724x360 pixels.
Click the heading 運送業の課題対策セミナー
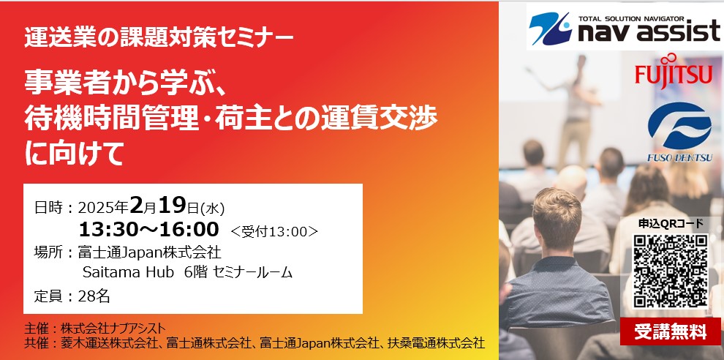(x=160, y=35)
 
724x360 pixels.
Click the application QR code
(x=671, y=270)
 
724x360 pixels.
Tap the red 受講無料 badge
(x=671, y=331)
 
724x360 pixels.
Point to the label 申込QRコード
(x=671, y=223)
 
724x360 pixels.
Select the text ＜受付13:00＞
(x=274, y=231)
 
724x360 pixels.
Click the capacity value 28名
(x=96, y=297)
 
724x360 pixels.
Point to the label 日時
(x=51, y=208)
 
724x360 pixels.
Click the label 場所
(x=51, y=253)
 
